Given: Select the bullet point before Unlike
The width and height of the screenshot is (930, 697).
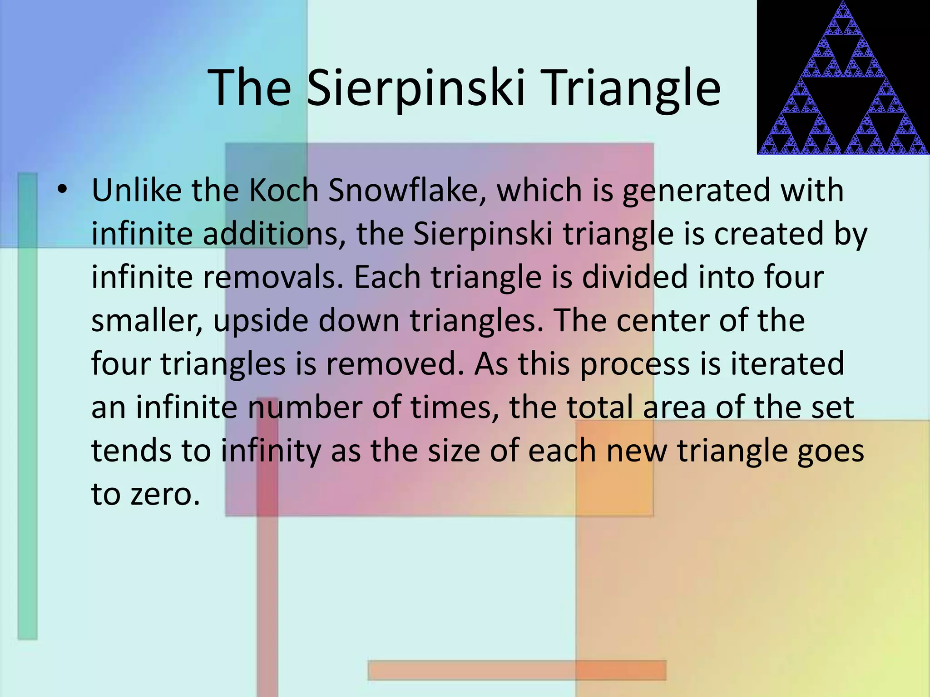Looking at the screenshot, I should pos(62,190).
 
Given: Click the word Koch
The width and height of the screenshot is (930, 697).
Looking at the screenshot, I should pos(284,190).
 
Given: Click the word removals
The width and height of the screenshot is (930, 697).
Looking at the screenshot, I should pos(272,277).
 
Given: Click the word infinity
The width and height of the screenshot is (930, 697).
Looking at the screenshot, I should pos(270,452).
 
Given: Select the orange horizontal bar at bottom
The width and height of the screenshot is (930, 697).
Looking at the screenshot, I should pos(517,670).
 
